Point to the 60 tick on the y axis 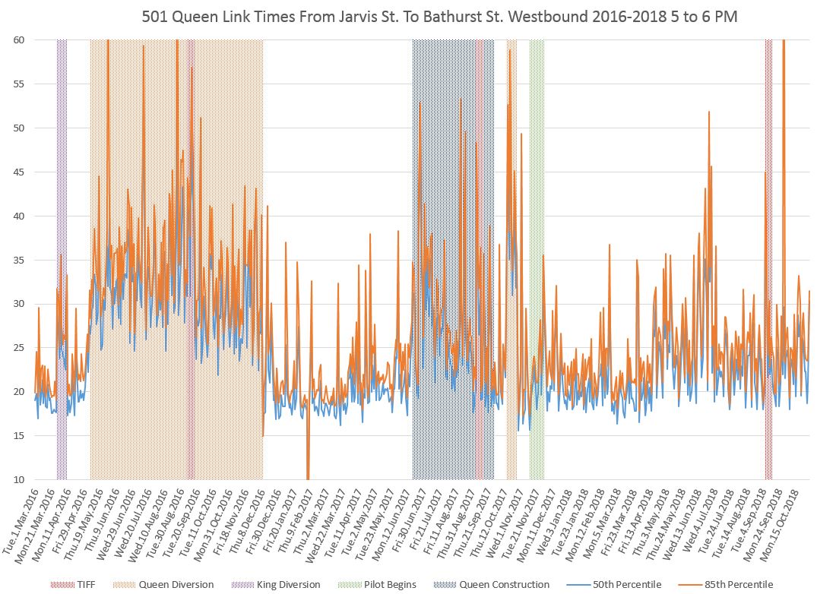click(x=16, y=39)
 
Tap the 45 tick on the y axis click(x=16, y=172)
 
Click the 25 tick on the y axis click(x=16, y=348)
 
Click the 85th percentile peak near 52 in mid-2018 click(x=709, y=113)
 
